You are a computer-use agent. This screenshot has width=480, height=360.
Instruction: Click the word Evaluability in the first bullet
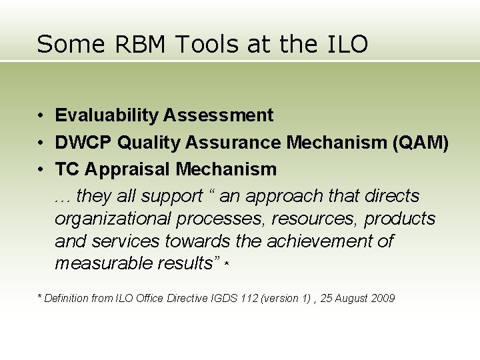[x=106, y=115]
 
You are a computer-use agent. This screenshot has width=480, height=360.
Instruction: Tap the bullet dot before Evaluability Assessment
[x=41, y=116]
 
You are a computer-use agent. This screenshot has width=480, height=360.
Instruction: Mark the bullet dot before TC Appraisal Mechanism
[x=41, y=170]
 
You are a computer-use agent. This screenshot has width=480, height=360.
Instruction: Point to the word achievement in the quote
[x=330, y=241]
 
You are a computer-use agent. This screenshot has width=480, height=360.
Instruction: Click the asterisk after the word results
[x=227, y=265]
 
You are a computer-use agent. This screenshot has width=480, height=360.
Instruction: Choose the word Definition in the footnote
[x=69, y=298]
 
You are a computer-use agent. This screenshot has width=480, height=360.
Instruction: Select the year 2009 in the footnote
[x=383, y=298]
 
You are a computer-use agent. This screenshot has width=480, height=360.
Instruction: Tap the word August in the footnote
[x=351, y=298]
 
